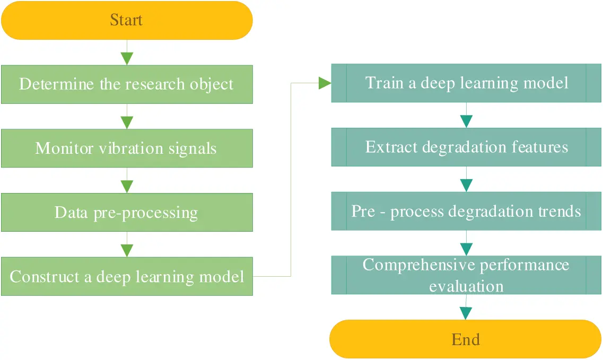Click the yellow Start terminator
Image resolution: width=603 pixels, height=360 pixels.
pyautogui.click(x=126, y=20)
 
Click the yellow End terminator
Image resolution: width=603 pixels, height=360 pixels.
pyautogui.click(x=465, y=339)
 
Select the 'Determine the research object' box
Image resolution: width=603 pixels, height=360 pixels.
pyautogui.click(x=126, y=84)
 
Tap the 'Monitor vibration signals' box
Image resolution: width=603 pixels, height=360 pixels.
pyautogui.click(x=126, y=148)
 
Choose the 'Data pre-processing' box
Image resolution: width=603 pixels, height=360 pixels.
pyautogui.click(x=126, y=213)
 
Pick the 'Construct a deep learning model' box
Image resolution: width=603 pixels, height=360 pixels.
pyautogui.click(x=126, y=277)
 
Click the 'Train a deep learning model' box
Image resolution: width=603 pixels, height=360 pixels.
pyautogui.click(x=466, y=83)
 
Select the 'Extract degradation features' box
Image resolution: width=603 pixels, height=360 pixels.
pyautogui.click(x=466, y=147)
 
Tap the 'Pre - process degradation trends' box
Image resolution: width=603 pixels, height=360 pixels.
pyautogui.click(x=466, y=212)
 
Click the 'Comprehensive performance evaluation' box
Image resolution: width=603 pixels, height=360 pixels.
pyautogui.click(x=466, y=275)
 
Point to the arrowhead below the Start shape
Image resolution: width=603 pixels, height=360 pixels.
pyautogui.click(x=127, y=58)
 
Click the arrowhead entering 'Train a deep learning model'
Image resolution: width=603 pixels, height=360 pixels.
pyautogui.click(x=325, y=83)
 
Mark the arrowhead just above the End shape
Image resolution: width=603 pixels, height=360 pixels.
pyautogui.click(x=466, y=313)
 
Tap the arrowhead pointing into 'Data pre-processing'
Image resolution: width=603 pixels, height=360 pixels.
pyautogui.click(x=127, y=187)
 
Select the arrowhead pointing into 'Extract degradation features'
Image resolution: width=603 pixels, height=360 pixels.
pyautogui.click(x=466, y=121)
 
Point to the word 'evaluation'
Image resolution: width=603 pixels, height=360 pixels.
pyautogui.click(x=466, y=286)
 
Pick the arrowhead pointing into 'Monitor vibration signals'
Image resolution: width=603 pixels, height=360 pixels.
pyautogui.click(x=127, y=122)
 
